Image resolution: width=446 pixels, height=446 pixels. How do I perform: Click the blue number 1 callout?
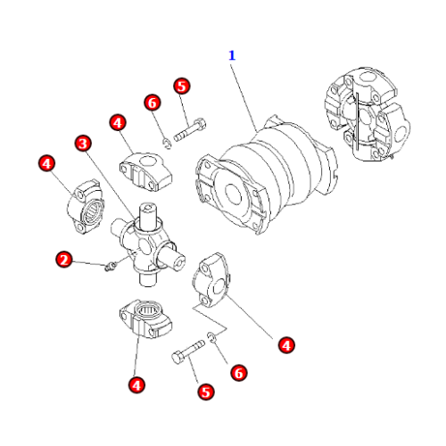232,55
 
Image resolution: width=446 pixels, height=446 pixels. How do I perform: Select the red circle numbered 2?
64,260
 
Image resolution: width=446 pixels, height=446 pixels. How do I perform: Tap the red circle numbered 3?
83,144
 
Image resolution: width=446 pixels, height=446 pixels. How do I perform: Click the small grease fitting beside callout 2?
110,266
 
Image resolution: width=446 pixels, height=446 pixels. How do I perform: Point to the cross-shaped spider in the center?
148,244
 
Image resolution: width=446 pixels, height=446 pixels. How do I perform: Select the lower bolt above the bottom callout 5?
188,352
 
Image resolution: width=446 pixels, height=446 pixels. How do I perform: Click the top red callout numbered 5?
182,87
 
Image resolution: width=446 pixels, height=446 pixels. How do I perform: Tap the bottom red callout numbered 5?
206,392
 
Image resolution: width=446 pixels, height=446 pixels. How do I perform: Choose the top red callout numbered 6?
153,103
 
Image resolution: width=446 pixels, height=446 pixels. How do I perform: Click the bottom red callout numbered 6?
239,373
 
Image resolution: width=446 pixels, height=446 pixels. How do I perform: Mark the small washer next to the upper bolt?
168,144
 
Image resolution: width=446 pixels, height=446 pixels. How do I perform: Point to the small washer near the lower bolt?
211,337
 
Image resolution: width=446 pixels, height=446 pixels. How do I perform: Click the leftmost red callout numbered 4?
46,163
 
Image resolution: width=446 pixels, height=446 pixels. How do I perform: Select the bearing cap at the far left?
85,207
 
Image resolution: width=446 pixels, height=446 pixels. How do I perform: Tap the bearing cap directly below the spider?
145,318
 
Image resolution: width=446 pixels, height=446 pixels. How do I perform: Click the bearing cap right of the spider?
211,280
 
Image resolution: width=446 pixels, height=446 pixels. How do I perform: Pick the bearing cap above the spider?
145,171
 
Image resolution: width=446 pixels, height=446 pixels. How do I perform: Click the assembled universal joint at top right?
367,114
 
